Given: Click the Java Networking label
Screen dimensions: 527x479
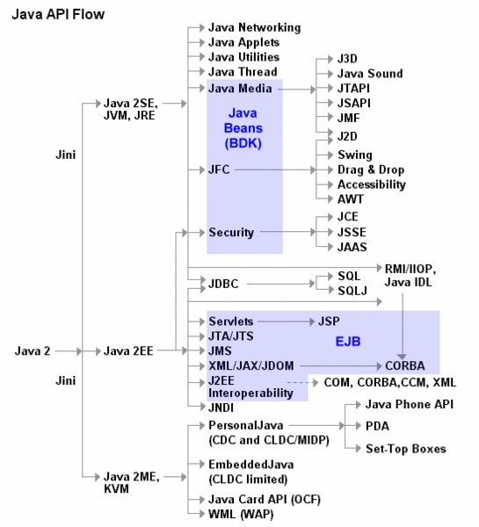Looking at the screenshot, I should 254,27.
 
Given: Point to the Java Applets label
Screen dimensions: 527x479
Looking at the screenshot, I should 243,42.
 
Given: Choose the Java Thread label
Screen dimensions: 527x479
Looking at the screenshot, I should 242,72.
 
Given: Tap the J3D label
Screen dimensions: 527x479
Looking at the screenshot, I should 349,59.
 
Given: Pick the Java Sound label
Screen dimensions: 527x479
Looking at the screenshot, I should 370,74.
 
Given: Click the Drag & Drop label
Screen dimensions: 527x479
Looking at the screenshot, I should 371,169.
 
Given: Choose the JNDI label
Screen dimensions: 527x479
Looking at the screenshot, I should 223,407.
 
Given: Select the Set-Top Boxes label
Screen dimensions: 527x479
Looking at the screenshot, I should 406,449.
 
